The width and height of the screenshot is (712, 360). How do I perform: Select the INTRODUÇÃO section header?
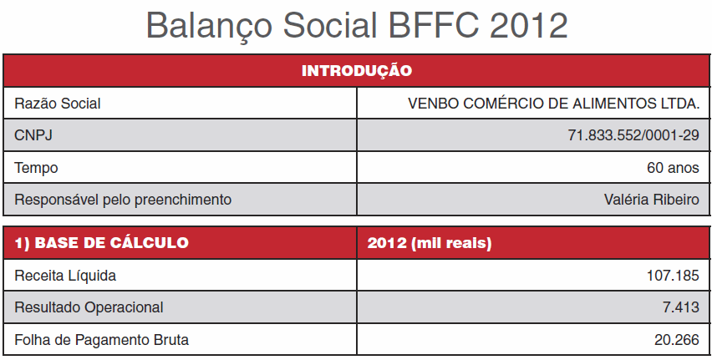click(357, 71)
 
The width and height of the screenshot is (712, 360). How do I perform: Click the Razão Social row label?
click(57, 104)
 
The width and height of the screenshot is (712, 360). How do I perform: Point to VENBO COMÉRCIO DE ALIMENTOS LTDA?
click(553, 104)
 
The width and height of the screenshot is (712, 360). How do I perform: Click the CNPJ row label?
click(33, 135)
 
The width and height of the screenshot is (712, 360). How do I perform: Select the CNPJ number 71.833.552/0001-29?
click(633, 135)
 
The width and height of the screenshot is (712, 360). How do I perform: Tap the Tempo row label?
click(36, 168)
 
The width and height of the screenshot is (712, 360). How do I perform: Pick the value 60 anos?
click(673, 168)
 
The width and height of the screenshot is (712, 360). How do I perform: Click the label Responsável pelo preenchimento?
click(123, 200)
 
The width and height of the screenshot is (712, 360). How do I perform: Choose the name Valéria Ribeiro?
click(652, 200)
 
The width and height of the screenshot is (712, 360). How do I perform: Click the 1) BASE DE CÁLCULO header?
click(101, 243)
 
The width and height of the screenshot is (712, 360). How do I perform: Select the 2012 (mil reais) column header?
click(430, 243)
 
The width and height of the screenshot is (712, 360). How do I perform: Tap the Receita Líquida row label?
click(65, 276)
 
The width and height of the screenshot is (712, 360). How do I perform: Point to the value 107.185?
click(673, 276)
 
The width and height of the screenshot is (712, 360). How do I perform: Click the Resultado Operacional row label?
click(89, 307)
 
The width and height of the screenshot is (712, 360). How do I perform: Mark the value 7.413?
click(681, 307)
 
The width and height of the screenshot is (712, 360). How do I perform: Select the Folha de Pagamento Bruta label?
click(101, 340)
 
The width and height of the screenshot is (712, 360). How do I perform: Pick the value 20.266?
click(677, 340)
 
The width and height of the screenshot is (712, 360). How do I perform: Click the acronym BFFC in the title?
click(433, 25)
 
